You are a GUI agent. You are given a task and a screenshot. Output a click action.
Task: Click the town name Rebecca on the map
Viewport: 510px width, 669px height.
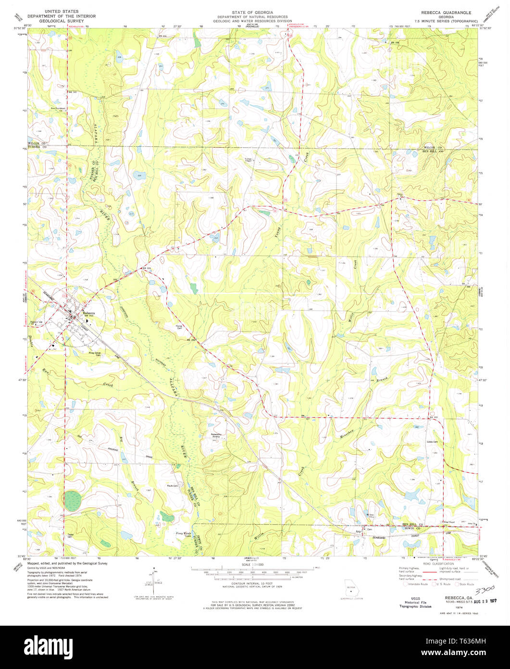click(x=89, y=313)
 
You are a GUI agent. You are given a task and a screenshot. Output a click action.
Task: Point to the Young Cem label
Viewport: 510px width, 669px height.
click(x=181, y=327)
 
